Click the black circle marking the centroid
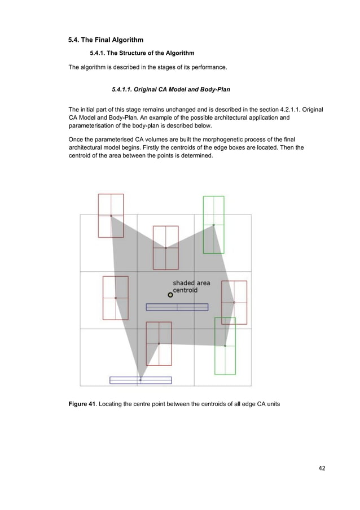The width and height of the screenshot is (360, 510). (x=170, y=295)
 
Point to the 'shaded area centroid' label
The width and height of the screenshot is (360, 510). (x=191, y=286)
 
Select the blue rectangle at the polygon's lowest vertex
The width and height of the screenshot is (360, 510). (x=141, y=380)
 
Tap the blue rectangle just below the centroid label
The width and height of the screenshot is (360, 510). (x=177, y=307)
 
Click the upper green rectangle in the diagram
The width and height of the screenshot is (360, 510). (x=213, y=224)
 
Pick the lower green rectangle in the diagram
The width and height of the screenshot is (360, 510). (x=225, y=346)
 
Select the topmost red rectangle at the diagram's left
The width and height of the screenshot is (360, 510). (x=111, y=215)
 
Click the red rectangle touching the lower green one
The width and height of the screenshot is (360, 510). (x=234, y=302)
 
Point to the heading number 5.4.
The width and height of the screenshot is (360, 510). (x=74, y=40)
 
